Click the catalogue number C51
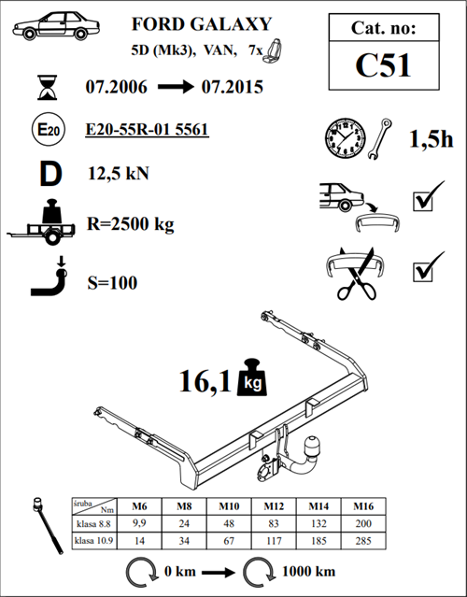[x=383, y=65]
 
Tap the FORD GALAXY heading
[x=202, y=24]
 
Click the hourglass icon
[x=48, y=88]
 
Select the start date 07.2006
[x=116, y=87]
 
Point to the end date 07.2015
[x=233, y=87]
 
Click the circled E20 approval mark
[x=49, y=130]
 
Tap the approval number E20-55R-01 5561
[x=147, y=129]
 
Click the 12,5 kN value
[x=119, y=174]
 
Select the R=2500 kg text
[x=131, y=224]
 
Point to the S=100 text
[x=112, y=283]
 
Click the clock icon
[x=346, y=138]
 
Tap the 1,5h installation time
[x=432, y=139]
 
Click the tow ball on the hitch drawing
[x=313, y=445]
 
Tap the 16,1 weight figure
[x=205, y=381]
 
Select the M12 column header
[x=274, y=506]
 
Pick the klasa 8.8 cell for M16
[x=363, y=523]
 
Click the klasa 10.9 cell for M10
[x=229, y=541]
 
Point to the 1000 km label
[x=308, y=572]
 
